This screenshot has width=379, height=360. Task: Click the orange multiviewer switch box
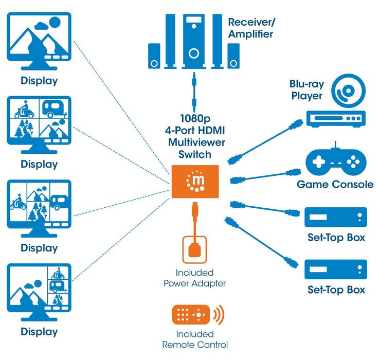[195, 182]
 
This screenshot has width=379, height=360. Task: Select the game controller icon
[336, 160]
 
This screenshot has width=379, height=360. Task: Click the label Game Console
[335, 184]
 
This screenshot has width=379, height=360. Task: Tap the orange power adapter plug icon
[194, 249]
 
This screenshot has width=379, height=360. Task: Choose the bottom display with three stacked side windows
[39, 291]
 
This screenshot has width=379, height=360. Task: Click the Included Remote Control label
[194, 339]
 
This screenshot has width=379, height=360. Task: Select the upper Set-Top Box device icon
[336, 217]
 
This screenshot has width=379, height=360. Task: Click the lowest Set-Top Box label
[336, 290]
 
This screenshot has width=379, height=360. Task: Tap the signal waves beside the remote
[219, 314]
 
